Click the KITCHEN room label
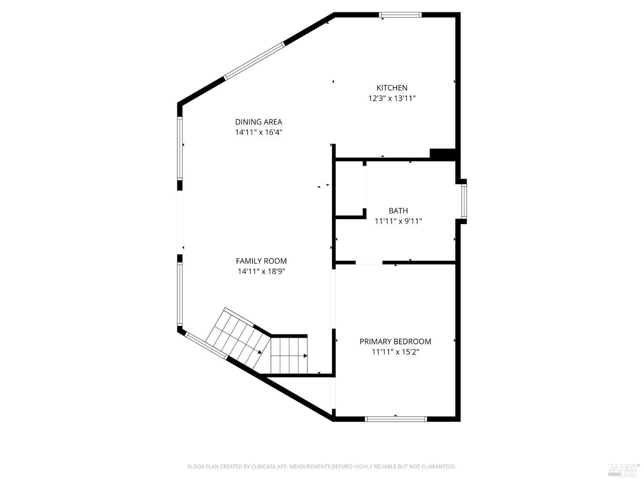click(392, 88)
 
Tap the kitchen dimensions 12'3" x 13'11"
click(392, 98)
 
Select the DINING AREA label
click(258, 122)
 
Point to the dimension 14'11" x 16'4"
click(258, 132)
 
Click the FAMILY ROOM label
click(261, 261)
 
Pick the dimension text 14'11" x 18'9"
click(261, 271)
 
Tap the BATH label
click(398, 211)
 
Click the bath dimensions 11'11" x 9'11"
click(398, 221)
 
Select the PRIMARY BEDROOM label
click(395, 342)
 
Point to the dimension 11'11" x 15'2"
click(395, 352)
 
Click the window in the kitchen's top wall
click(401, 15)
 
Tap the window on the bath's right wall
click(464, 201)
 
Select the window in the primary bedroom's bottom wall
click(395, 419)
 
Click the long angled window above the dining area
click(254, 61)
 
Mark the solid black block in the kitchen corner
click(442, 154)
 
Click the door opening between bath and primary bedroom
click(369, 263)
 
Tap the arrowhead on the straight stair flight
click(305, 355)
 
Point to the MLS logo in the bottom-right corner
click(624, 470)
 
